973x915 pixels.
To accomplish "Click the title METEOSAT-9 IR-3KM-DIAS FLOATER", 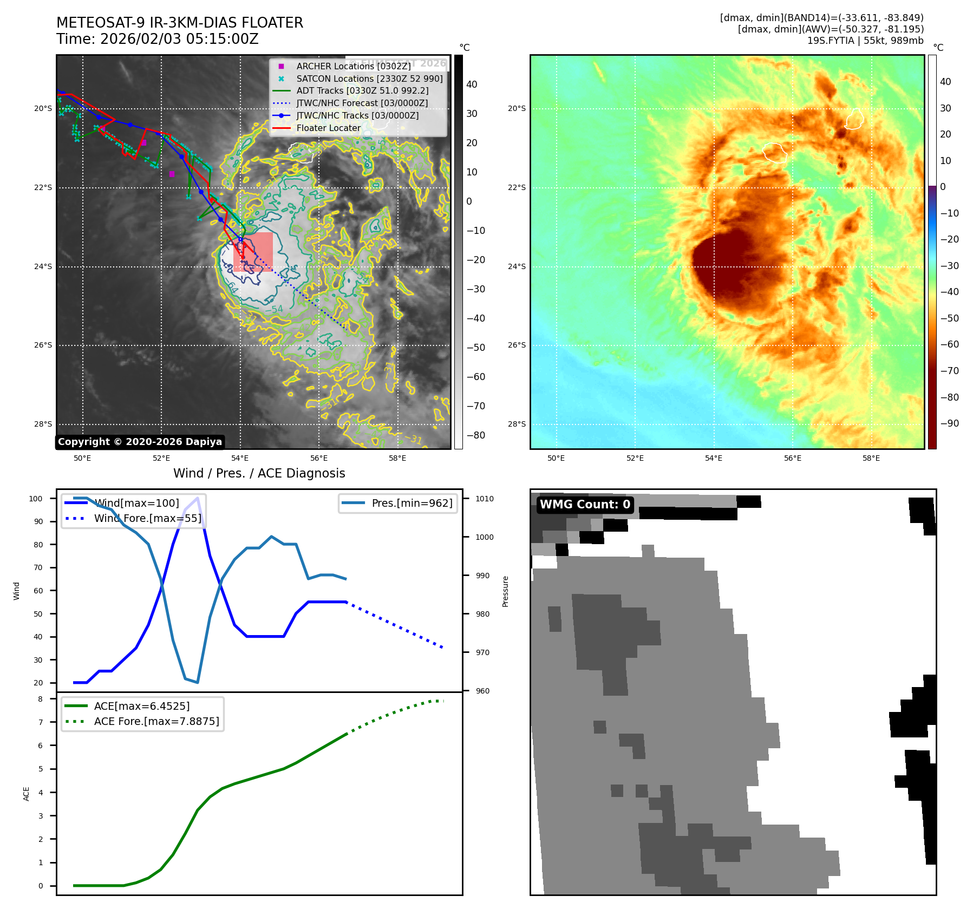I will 180,23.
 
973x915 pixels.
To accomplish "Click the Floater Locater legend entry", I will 328,128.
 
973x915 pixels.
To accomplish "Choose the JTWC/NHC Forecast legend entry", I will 362,103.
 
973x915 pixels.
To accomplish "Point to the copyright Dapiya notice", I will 140,442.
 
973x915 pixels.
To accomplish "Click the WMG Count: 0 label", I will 585,505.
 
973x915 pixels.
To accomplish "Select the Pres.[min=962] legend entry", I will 412,503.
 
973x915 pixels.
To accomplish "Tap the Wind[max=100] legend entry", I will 136,503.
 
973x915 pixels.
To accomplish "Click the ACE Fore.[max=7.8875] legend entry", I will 156,721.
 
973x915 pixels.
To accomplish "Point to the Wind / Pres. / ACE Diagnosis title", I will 259,473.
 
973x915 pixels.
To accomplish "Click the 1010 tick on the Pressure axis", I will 485,499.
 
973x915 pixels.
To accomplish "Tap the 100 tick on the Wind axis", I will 36,499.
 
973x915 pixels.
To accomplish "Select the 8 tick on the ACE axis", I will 41,699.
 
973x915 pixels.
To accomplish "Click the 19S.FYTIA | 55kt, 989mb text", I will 865,41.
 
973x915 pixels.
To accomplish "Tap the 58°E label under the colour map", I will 871,458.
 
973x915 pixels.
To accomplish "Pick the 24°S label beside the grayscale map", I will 43,266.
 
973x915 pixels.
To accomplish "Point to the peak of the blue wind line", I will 198,498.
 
